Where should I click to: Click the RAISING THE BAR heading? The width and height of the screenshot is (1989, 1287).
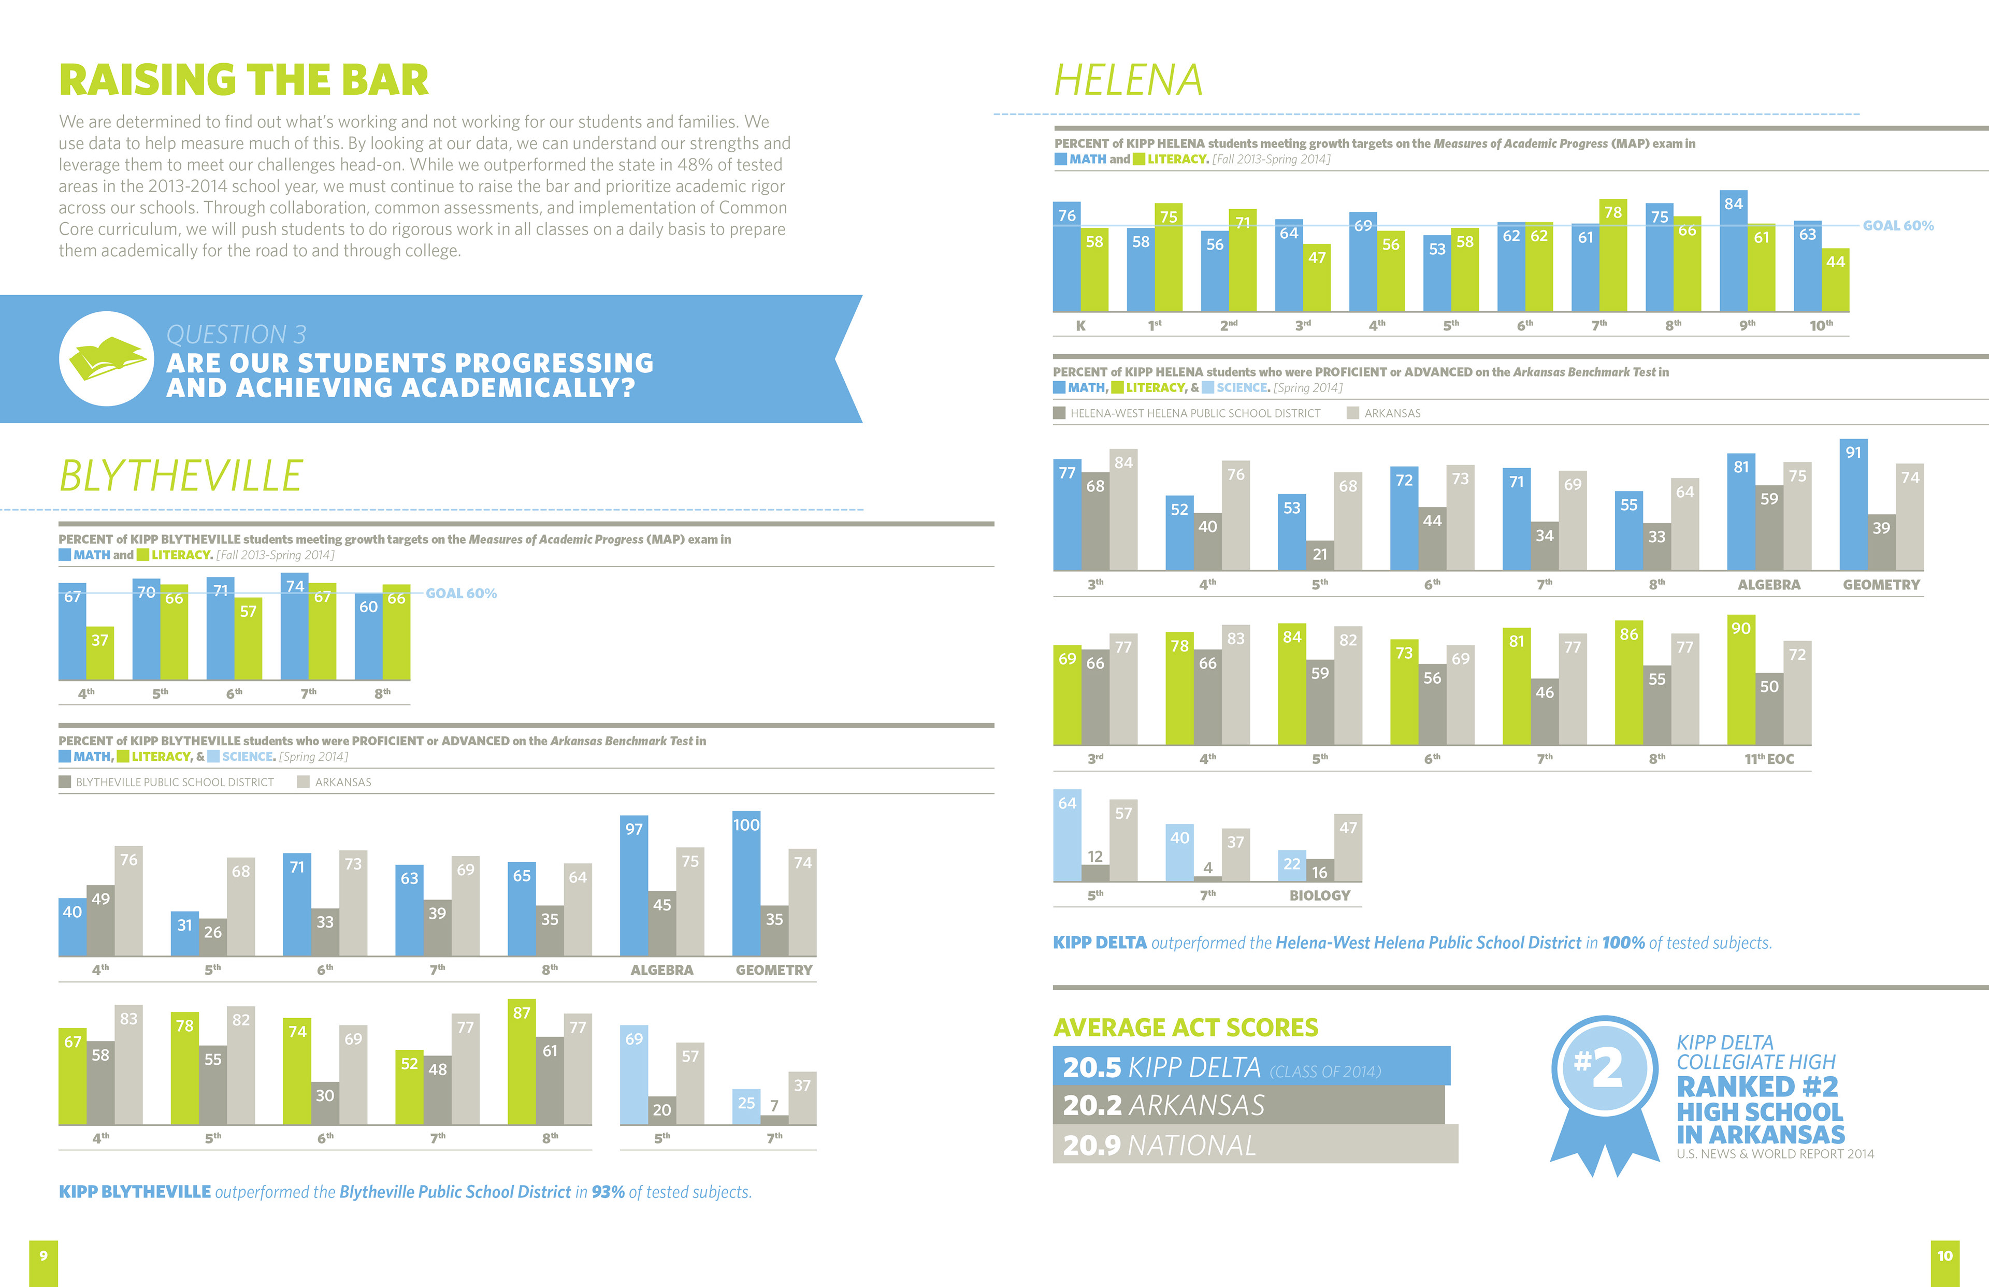(x=243, y=80)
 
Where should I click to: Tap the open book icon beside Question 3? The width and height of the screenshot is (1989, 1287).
(x=106, y=359)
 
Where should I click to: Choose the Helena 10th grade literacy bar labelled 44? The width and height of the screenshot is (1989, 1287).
(x=1835, y=280)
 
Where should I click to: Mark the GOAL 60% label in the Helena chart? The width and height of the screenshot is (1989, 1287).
(x=1898, y=226)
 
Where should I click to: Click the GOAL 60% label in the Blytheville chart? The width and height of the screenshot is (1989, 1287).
(x=462, y=594)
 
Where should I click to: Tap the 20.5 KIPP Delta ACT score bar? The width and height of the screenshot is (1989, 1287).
(x=1250, y=1066)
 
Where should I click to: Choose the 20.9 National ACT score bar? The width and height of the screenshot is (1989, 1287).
(x=1253, y=1144)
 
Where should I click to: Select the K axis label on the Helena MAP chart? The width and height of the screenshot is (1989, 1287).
(x=1080, y=326)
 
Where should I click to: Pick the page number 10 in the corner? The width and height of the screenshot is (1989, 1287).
(x=1944, y=1256)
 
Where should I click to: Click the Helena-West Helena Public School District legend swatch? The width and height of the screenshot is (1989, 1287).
(x=1060, y=413)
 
